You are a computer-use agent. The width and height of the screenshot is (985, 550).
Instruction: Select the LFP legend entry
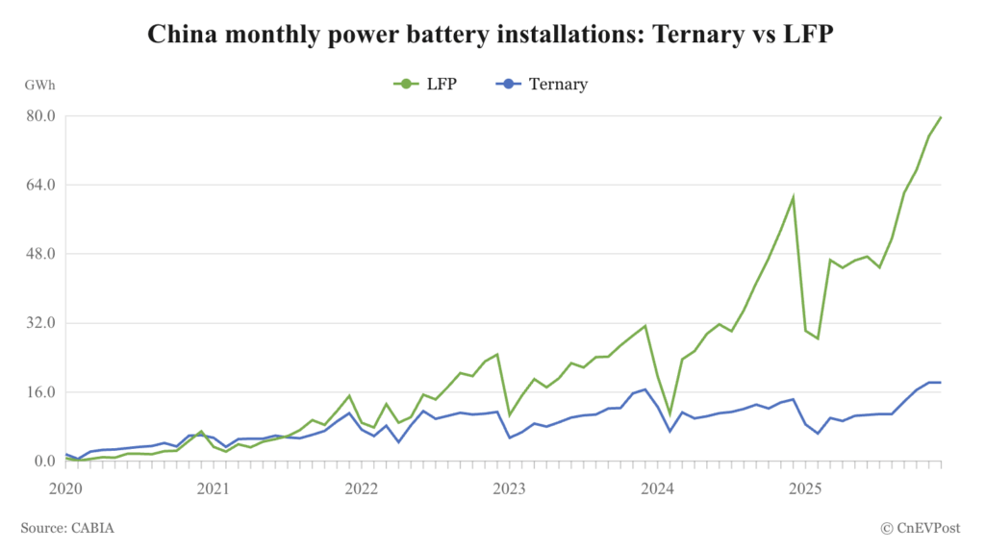pyautogui.click(x=425, y=84)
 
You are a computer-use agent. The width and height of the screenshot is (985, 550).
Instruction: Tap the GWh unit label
pyautogui.click(x=40, y=85)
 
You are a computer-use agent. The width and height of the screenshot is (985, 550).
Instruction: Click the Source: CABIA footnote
pyautogui.click(x=74, y=527)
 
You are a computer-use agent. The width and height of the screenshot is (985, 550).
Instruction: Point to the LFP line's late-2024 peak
pyautogui.click(x=793, y=197)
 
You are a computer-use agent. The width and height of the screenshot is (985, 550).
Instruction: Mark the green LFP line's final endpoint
pyautogui.click(x=941, y=117)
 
